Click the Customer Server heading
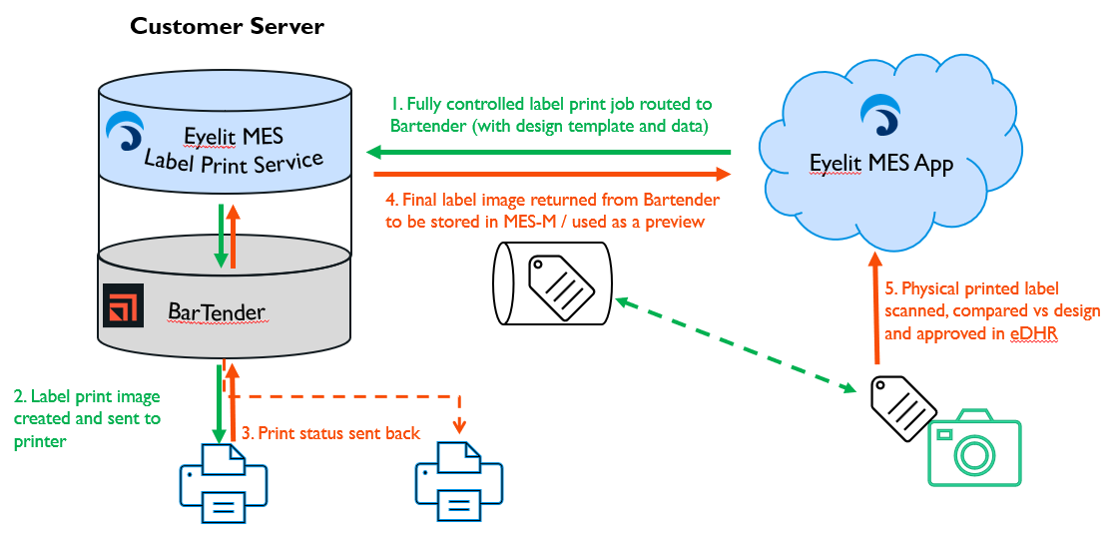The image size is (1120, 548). point(227,26)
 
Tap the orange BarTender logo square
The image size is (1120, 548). point(124,305)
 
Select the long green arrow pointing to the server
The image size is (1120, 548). point(549,152)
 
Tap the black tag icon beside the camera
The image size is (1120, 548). point(904,407)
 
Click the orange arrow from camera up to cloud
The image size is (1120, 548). point(875,310)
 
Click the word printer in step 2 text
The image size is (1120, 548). point(40,440)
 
